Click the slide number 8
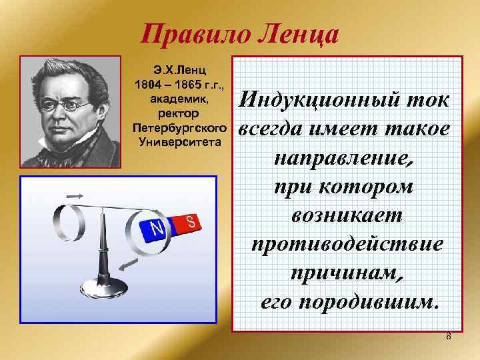[x=449, y=335]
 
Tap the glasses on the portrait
[x=69, y=105]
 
